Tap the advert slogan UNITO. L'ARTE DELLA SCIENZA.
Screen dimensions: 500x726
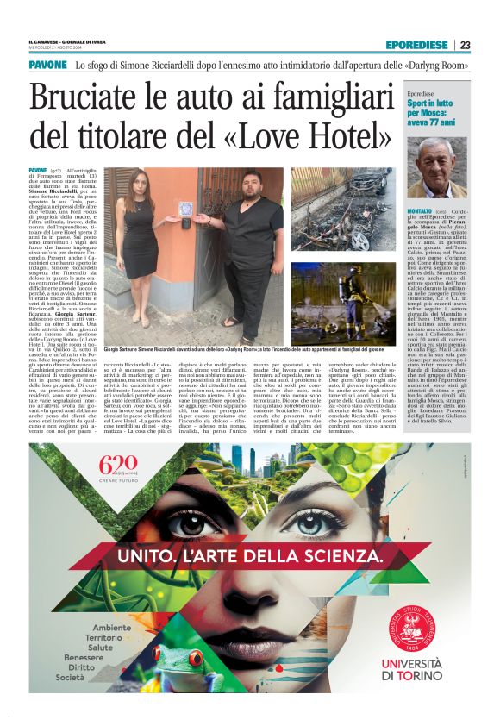coord(250,557)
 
